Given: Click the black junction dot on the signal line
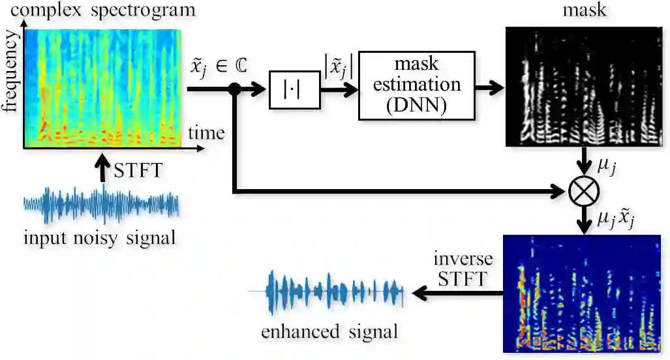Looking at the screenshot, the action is pos(234,91).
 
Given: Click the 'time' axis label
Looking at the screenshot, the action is pos(206,134).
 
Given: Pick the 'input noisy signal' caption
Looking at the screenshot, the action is pos(100,239).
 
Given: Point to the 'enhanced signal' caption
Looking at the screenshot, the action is pos(329,332).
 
